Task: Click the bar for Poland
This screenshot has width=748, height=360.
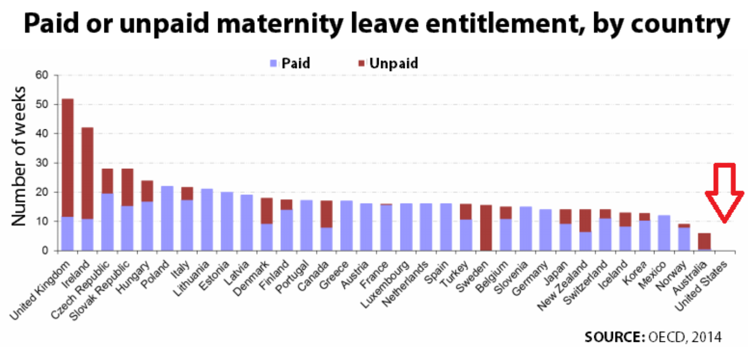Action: pos(167,218)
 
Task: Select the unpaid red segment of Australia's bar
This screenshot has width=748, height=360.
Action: pos(704,241)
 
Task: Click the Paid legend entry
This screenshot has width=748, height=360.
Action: pos(290,64)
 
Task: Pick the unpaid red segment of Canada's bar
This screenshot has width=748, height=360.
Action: pos(326,214)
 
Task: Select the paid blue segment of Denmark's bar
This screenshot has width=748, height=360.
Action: pos(266,237)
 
